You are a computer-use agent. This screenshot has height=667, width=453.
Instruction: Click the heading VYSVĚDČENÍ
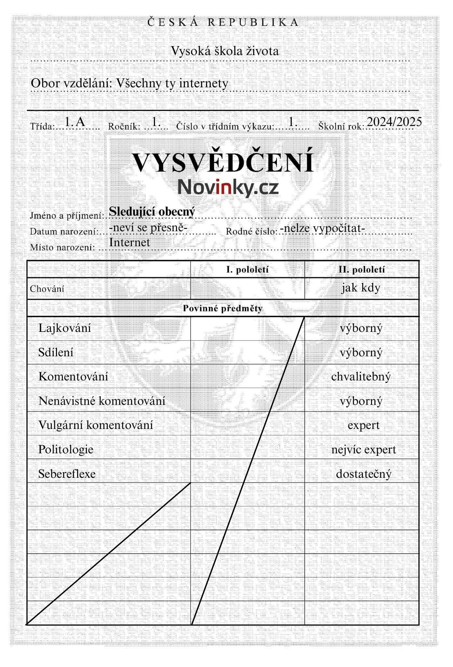coord(223,162)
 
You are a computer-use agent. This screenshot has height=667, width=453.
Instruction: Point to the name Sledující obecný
coord(152,211)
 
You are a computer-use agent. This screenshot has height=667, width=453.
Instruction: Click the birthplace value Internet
coord(130,242)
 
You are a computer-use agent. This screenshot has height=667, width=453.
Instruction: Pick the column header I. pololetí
coord(247,269)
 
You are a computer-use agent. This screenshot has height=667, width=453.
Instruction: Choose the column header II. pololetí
coord(362,269)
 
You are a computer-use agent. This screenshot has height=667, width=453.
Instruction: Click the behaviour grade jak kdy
coord(361,288)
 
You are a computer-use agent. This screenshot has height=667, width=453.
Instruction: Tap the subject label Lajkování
coord(65,328)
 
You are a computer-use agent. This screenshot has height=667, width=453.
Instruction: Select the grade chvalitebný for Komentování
coord(361,377)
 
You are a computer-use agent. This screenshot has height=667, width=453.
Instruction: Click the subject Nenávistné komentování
coord(102,401)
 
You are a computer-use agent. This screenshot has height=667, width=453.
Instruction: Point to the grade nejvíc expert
coord(364,450)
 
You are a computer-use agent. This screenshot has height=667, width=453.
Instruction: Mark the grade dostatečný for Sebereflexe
coord(364,474)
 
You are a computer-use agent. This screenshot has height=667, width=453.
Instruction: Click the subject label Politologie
coord(66,449)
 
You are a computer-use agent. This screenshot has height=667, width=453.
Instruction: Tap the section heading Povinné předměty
coord(223,308)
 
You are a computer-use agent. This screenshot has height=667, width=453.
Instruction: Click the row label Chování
coord(47,289)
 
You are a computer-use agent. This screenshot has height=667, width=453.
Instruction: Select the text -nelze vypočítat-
coord(322,228)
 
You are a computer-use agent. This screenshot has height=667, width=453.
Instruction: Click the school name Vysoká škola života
coord(225,51)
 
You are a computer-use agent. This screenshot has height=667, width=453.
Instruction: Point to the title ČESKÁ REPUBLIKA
coord(223,22)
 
